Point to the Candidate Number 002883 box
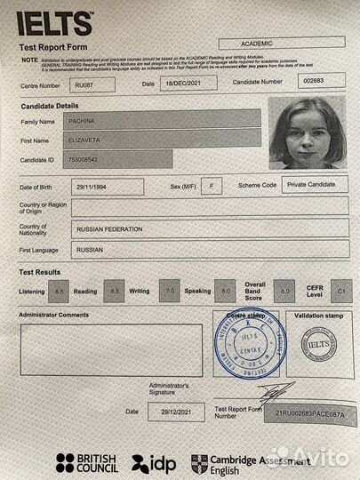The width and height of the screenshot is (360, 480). point(315,81)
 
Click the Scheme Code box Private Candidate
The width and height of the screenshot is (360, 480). point(315,184)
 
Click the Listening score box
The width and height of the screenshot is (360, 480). point(60,291)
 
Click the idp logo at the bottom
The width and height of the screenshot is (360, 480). point(154,461)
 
